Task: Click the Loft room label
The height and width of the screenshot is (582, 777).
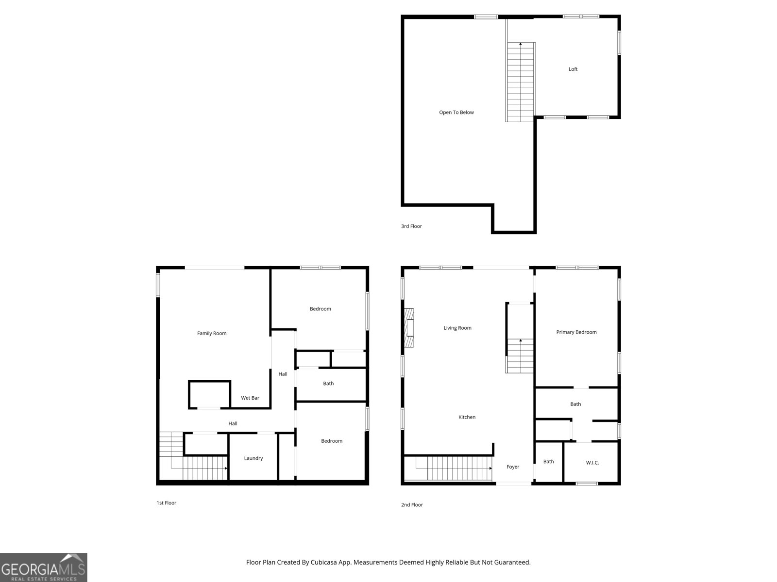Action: pyautogui.click(x=573, y=69)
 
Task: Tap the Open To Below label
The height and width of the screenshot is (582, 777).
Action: pyautogui.click(x=456, y=113)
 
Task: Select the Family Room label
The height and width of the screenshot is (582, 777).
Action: pyautogui.click(x=212, y=333)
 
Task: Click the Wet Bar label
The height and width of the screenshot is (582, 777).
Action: pyautogui.click(x=250, y=398)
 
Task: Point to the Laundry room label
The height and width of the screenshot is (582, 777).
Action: pyautogui.click(x=253, y=458)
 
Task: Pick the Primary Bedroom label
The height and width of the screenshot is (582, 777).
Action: pyautogui.click(x=576, y=332)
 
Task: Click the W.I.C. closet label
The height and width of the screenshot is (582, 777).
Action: pyautogui.click(x=592, y=463)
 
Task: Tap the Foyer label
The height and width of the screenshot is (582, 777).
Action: pyautogui.click(x=513, y=467)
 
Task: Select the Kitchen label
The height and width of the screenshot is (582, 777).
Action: pyautogui.click(x=467, y=417)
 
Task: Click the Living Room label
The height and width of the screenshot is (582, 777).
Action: pyautogui.click(x=457, y=328)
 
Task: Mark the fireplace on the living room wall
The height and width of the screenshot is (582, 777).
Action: pyautogui.click(x=410, y=328)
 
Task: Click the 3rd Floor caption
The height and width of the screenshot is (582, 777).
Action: pyautogui.click(x=411, y=226)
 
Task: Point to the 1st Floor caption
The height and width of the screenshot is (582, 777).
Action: pyautogui.click(x=166, y=503)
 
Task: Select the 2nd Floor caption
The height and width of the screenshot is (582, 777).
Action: pyautogui.click(x=412, y=505)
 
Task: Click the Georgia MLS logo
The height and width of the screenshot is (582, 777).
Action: pyautogui.click(x=43, y=568)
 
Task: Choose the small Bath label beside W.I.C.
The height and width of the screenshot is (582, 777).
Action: pyautogui.click(x=548, y=462)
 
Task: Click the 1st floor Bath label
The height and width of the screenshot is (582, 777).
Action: pyautogui.click(x=328, y=384)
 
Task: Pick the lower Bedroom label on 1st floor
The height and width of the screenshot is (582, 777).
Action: pyautogui.click(x=332, y=441)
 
